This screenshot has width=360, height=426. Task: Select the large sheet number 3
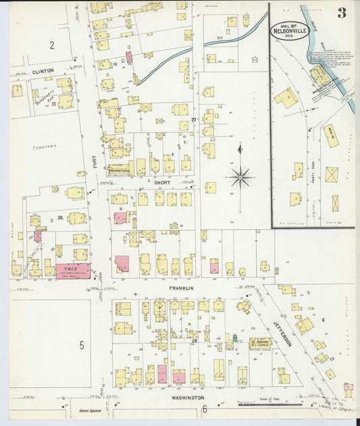point(342,14)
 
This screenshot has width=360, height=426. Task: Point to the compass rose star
point(240,178)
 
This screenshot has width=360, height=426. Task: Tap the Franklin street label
point(181,288)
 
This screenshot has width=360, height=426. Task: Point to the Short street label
point(163,182)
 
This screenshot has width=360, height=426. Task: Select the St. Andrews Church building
point(259,344)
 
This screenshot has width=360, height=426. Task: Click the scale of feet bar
point(269,404)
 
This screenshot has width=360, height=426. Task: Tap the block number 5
point(81,346)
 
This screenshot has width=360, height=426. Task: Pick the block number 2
point(51,45)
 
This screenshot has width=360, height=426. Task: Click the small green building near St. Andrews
point(234,338)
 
